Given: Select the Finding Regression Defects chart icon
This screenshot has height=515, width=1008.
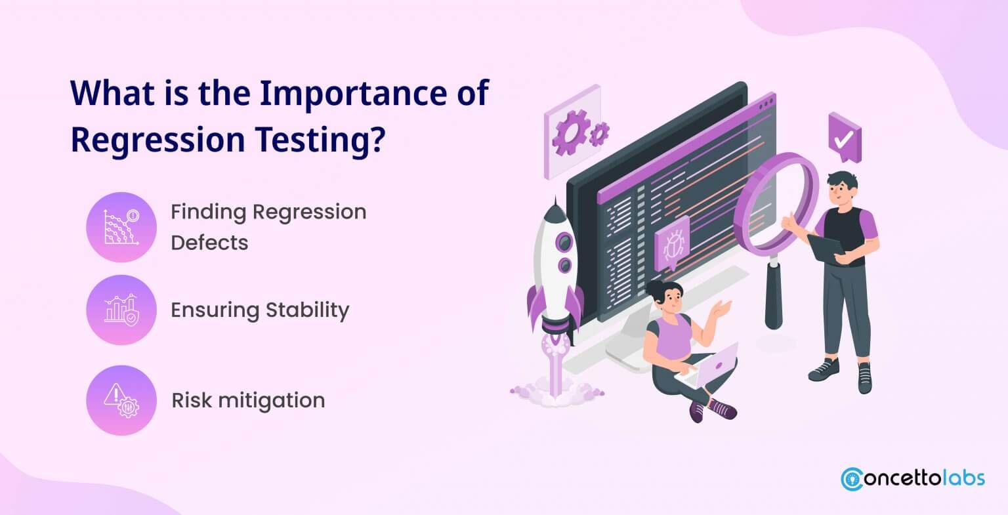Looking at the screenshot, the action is (121, 227).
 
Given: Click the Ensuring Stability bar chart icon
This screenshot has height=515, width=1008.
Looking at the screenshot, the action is (121, 310).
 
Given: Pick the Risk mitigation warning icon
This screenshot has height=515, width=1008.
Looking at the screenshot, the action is (121, 400).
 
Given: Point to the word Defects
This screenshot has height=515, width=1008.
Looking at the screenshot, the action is (210, 243).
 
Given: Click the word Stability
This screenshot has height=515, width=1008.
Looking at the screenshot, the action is (307, 310).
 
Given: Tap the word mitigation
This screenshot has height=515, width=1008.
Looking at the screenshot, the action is (272, 400).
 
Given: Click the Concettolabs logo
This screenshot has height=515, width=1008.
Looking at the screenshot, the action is (913, 478).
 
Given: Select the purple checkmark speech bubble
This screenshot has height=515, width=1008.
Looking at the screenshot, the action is (845, 138).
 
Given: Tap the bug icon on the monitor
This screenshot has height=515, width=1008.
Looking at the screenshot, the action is (672, 243).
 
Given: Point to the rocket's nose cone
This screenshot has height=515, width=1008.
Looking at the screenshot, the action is (555, 211).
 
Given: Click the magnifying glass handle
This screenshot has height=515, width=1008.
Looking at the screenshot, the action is (774, 295).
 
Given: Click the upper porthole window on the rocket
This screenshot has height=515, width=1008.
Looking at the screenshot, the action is (564, 243).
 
